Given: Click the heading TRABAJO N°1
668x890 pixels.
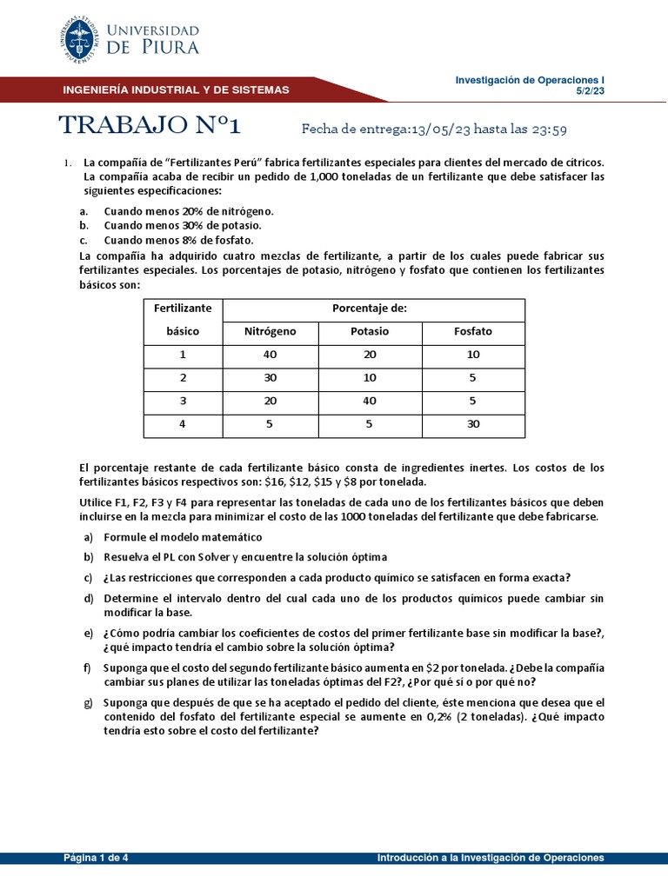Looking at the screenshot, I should pos(149,126).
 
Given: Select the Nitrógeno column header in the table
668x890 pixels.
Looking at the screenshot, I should pos(271,331).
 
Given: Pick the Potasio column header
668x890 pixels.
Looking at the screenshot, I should pos(370,331).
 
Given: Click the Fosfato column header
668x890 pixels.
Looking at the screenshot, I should pos(473,331).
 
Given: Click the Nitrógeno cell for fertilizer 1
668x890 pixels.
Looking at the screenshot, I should pos(270,355).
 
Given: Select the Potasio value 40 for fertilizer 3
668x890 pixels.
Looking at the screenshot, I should pos(370,402).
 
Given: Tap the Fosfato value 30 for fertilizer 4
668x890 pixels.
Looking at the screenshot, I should pos(473,425).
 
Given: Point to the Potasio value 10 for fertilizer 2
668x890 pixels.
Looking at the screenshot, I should pos(370,378).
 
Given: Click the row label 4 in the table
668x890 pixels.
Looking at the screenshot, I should pos(183,425).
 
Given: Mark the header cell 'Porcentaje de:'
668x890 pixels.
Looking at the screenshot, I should pos(370,308).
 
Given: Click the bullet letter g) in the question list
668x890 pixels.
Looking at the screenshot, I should pos(88,702).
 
